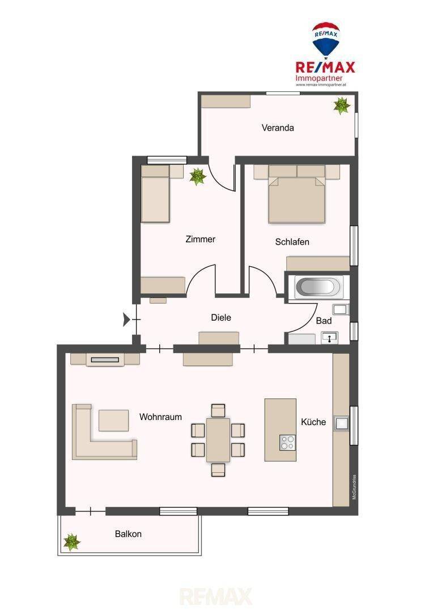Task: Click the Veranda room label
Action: (x=278, y=128)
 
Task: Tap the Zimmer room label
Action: (x=200, y=240)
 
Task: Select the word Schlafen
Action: (x=292, y=242)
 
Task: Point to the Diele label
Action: (x=221, y=317)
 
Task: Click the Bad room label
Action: (x=324, y=321)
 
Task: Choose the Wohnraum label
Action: (x=160, y=417)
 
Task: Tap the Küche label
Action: (x=313, y=422)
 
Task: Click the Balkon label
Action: (x=128, y=534)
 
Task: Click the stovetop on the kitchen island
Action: (x=288, y=442)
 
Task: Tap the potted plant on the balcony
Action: (x=72, y=542)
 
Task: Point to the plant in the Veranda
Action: (x=342, y=106)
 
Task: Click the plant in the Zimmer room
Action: (x=198, y=177)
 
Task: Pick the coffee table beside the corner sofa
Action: (x=113, y=420)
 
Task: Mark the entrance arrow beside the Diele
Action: (x=126, y=320)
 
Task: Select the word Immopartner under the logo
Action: (x=319, y=78)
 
